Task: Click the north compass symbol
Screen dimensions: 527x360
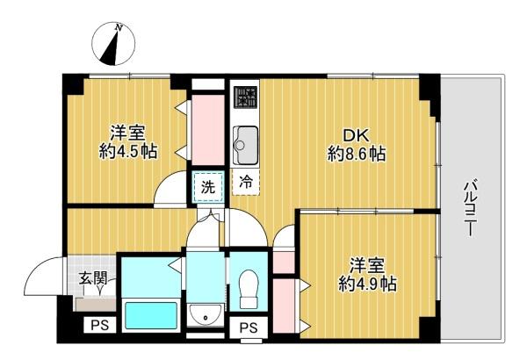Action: pyautogui.click(x=113, y=44)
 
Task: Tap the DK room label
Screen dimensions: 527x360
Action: pyautogui.click(x=356, y=136)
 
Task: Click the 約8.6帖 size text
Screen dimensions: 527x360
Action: pyautogui.click(x=357, y=155)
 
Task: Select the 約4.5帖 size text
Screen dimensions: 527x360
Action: pyautogui.click(x=128, y=152)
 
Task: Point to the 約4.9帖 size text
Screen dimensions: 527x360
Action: pyautogui.click(x=367, y=284)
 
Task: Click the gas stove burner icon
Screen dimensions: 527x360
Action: pyautogui.click(x=246, y=97)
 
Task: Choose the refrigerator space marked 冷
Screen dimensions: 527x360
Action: pyautogui.click(x=246, y=182)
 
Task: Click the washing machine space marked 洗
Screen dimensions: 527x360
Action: pyautogui.click(x=208, y=187)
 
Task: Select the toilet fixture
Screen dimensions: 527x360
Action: pyautogui.click(x=249, y=290)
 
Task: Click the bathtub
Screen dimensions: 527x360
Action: pyautogui.click(x=151, y=316)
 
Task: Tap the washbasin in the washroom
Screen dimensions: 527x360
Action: pyautogui.click(x=205, y=314)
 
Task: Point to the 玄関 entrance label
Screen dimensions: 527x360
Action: pyautogui.click(x=93, y=278)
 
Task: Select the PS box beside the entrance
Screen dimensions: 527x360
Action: pyautogui.click(x=100, y=325)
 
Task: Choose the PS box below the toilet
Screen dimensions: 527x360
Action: pyautogui.click(x=249, y=327)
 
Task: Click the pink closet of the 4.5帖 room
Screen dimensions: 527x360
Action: pyautogui.click(x=208, y=130)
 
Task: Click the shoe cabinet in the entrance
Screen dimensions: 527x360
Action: pyautogui.click(x=96, y=305)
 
